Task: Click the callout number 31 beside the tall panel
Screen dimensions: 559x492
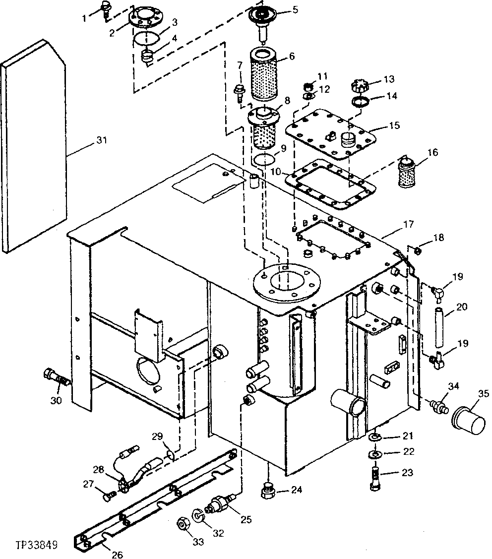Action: tap(101, 141)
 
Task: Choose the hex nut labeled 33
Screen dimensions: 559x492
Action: tap(182, 526)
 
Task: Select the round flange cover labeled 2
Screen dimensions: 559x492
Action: tap(143, 20)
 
